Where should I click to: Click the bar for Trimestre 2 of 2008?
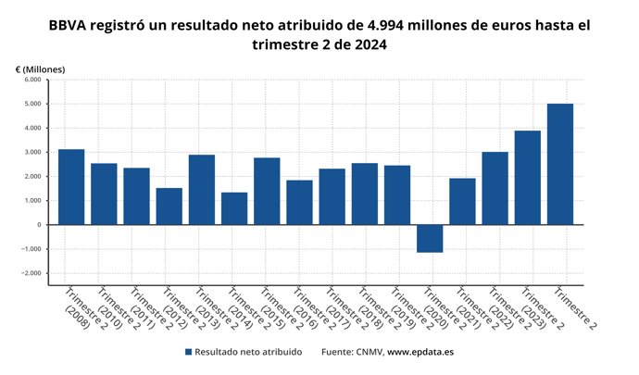click(x=71, y=186)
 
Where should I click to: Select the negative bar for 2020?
click(x=430, y=238)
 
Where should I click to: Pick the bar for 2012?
click(x=169, y=206)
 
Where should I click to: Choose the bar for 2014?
click(x=234, y=208)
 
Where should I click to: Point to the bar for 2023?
click(x=528, y=177)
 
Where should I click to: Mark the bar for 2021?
click(x=462, y=201)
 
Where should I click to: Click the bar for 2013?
click(x=202, y=189)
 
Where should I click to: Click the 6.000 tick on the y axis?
click(x=32, y=80)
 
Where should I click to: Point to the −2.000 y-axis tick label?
click(x=31, y=273)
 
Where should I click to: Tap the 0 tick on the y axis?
click(x=39, y=225)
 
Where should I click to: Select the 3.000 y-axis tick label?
click(x=32, y=152)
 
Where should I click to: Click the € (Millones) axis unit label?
click(x=40, y=69)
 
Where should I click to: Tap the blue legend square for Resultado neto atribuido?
click(x=188, y=352)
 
